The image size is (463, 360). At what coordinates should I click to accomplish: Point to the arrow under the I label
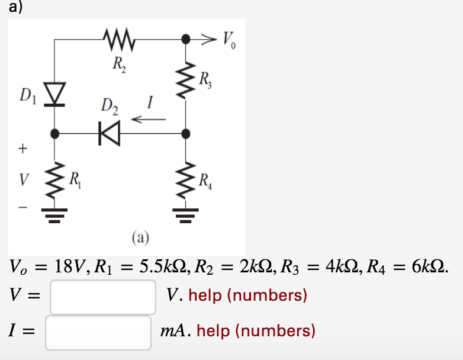pyautogui.click(x=148, y=120)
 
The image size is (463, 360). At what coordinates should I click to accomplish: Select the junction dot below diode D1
pyautogui.click(x=55, y=133)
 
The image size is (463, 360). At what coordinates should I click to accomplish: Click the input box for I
pyautogui.click(x=98, y=332)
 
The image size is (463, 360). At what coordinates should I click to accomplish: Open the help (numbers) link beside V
pyautogui.click(x=247, y=295)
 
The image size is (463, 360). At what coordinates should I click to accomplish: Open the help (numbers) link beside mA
pyautogui.click(x=256, y=330)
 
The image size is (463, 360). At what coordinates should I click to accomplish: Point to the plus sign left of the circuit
pyautogui.click(x=21, y=148)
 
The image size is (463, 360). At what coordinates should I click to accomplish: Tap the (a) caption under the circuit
pyautogui.click(x=140, y=239)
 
